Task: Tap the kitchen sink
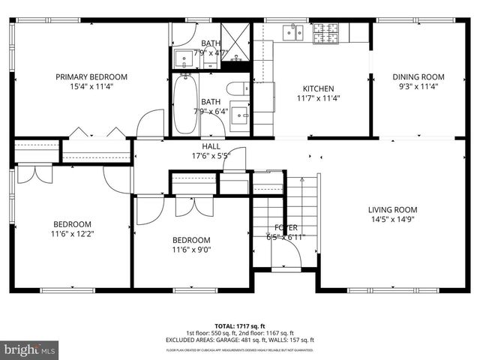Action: point(292,31)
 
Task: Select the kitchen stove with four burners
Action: point(325,31)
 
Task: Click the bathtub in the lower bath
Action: point(185,104)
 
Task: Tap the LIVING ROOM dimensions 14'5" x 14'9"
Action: point(392,220)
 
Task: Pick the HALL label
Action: point(211,146)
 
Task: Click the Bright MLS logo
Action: point(30,349)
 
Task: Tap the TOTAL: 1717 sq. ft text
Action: point(240,326)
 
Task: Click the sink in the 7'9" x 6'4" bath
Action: point(239,114)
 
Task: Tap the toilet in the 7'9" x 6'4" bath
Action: point(235,88)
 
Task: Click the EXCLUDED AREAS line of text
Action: point(240,340)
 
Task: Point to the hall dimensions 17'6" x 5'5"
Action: point(211,157)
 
